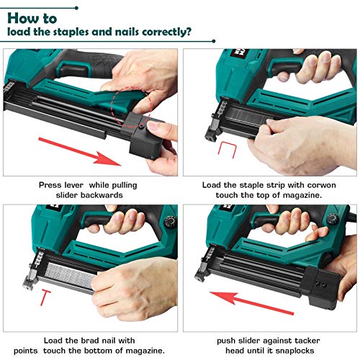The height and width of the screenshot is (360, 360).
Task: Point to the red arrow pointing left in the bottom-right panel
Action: click(244, 293)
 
